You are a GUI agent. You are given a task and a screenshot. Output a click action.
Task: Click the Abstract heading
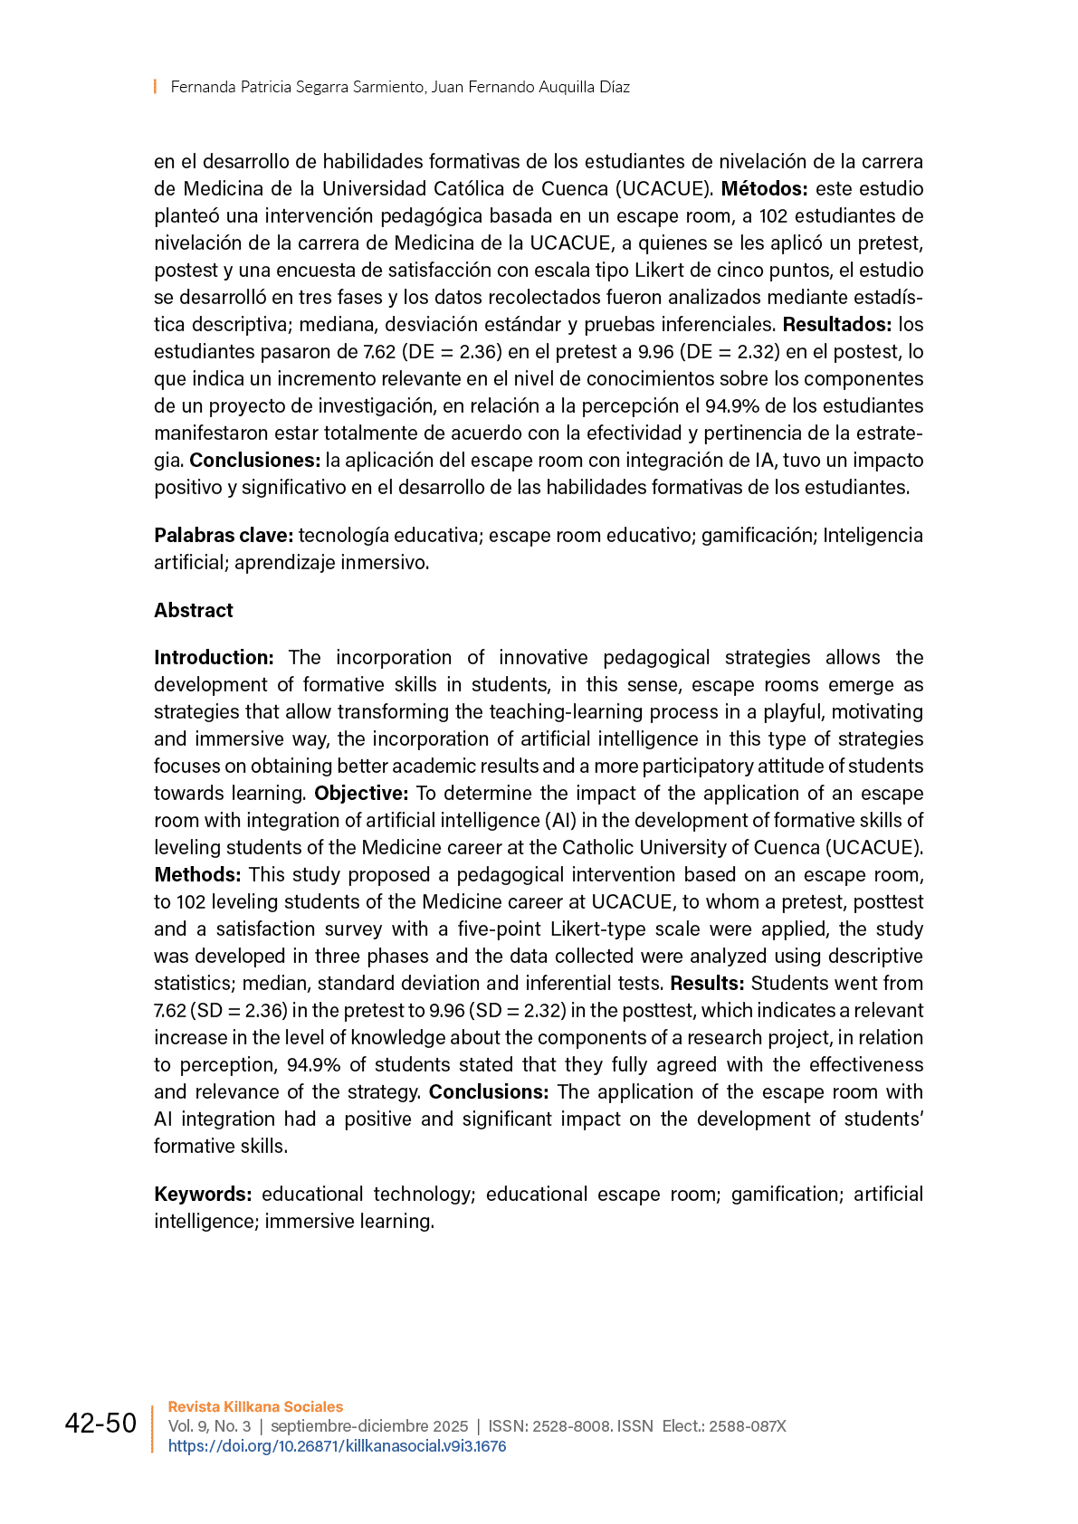pyautogui.click(x=193, y=610)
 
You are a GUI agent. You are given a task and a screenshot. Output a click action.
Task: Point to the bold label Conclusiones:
pyautogui.click(x=254, y=461)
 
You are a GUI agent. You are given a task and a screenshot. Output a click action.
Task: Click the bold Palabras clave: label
pyautogui.click(x=223, y=536)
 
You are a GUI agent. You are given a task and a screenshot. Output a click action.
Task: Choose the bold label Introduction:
pyautogui.click(x=214, y=658)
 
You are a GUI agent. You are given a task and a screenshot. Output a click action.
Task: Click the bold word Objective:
pyautogui.click(x=361, y=794)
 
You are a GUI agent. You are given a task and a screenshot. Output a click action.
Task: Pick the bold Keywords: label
pyautogui.click(x=203, y=1195)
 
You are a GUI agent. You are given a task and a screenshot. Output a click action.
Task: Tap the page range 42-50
pyautogui.click(x=100, y=1424)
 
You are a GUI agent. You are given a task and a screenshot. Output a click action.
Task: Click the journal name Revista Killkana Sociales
pyautogui.click(x=255, y=1406)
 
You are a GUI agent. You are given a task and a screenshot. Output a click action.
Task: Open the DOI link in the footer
pyautogui.click(x=337, y=1446)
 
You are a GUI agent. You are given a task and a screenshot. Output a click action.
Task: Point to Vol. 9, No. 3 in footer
pyautogui.click(x=209, y=1426)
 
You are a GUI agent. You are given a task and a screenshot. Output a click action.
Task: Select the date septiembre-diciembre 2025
pyautogui.click(x=369, y=1426)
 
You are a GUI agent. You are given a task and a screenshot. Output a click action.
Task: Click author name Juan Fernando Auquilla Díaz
pyautogui.click(x=530, y=87)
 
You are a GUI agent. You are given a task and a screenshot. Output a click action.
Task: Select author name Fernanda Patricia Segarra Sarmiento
pyautogui.click(x=297, y=87)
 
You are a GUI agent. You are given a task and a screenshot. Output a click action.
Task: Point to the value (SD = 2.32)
pyautogui.click(x=518, y=1011)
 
